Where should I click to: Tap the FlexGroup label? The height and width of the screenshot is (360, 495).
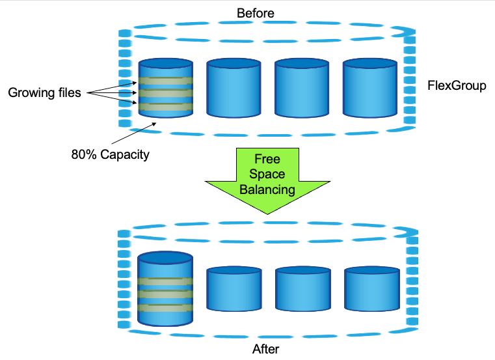(457, 85)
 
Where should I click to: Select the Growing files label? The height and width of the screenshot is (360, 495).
(44, 92)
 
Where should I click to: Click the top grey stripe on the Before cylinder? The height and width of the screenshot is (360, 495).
(165, 82)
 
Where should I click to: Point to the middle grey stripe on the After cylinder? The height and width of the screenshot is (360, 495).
(166, 294)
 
